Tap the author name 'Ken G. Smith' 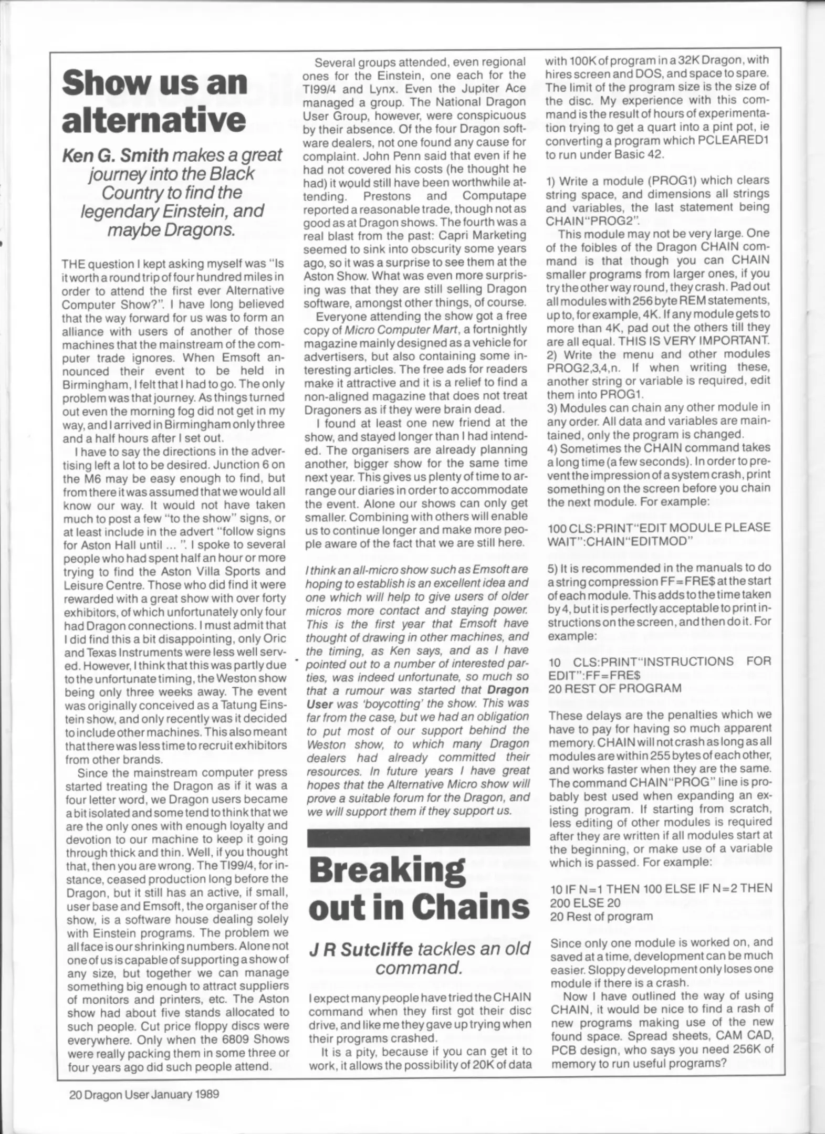pyautogui.click(x=116, y=155)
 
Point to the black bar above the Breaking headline pyautogui.click(x=419, y=836)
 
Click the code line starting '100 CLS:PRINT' pyautogui.click(x=659, y=527)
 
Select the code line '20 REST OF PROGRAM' pyautogui.click(x=614, y=688)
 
